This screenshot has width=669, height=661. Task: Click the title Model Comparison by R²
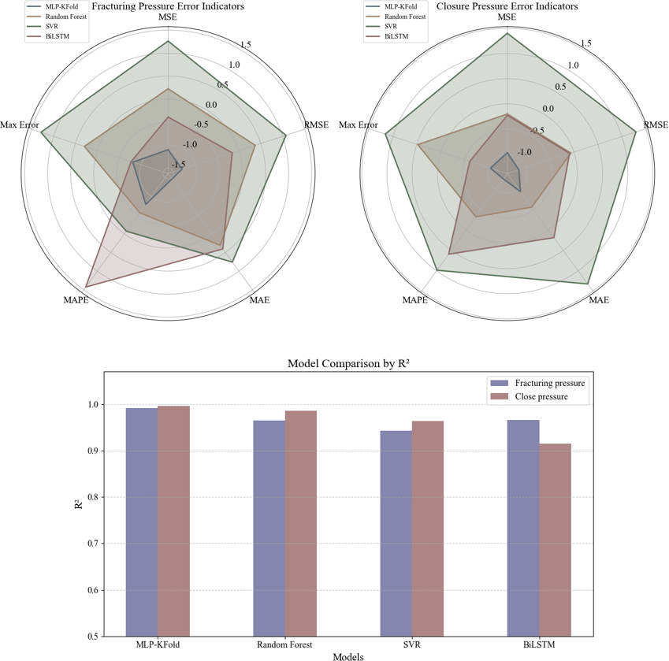tap(351, 363)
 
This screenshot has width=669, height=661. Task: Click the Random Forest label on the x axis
tap(284, 645)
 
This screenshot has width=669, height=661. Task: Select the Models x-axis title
tap(348, 656)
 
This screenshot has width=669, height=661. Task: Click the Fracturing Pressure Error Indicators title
tap(168, 6)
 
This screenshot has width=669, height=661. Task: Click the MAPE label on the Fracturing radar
tap(76, 301)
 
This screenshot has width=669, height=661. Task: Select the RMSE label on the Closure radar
tap(656, 124)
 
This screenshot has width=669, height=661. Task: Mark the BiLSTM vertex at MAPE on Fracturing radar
tap(86, 286)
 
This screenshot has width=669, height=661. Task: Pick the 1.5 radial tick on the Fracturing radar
tap(246, 45)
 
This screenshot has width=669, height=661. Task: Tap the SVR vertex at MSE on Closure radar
tap(507, 33)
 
